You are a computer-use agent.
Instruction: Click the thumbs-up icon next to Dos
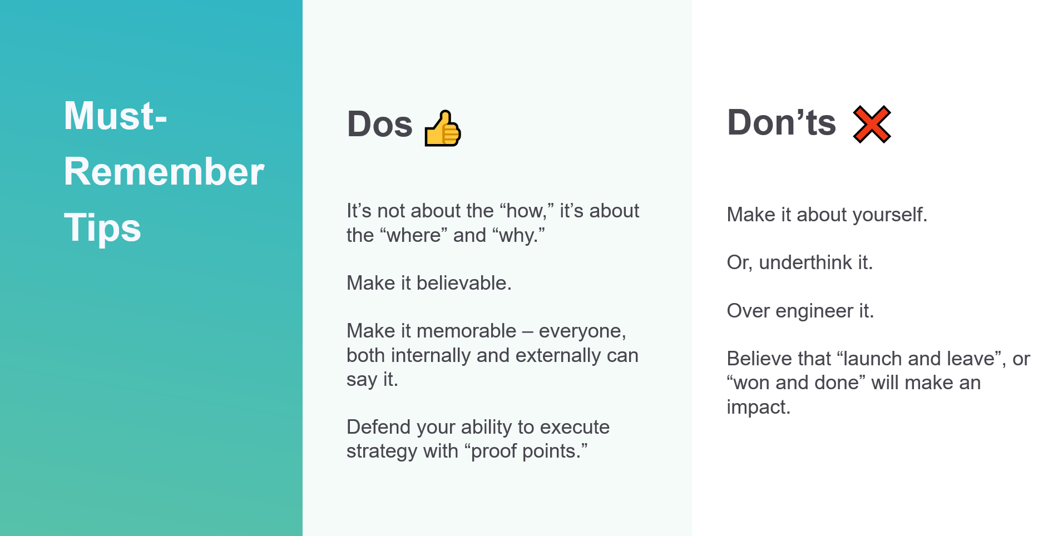point(443,128)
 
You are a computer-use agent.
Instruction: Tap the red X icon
point(872,124)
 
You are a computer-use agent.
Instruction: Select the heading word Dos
point(380,124)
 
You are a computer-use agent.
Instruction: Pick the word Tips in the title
point(102,228)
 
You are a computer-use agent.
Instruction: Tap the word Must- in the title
point(116,116)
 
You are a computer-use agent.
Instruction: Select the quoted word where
point(414,235)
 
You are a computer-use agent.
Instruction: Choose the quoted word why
point(518,236)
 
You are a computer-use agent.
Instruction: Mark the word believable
point(464,283)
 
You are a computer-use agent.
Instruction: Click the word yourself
point(890,215)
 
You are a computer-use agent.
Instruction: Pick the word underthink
point(805,262)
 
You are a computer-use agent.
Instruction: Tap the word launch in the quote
point(869,359)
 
